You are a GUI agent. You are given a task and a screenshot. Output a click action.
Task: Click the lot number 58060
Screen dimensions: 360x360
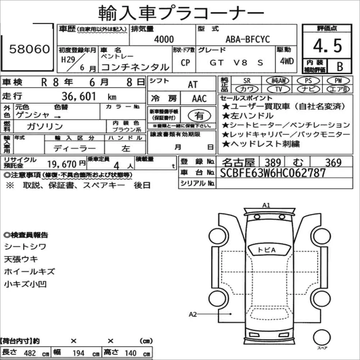coord(29,49)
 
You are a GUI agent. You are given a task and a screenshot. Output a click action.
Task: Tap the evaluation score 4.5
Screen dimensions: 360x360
coord(327,46)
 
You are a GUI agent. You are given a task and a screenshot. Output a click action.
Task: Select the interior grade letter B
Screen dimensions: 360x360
coord(340,66)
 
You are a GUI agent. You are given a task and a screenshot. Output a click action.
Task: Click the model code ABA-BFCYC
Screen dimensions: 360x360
coord(248,40)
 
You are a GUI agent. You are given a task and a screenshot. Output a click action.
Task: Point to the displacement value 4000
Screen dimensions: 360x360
coord(164,40)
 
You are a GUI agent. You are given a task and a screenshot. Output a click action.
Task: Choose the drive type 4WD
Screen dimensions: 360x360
coord(287,61)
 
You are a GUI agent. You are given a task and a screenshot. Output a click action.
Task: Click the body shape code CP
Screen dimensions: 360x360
coord(185,63)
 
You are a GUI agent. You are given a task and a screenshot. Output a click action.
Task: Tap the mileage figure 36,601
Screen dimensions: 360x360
coord(79,96)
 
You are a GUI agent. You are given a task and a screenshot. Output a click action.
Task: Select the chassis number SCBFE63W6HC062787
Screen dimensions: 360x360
coord(273,173)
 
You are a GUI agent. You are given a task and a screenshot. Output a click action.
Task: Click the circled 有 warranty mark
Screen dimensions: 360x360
coord(199,115)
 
